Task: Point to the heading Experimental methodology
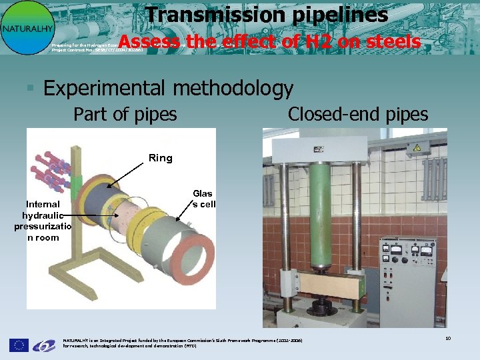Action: (168, 88)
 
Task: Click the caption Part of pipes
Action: (125, 115)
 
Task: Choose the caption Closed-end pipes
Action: (357, 115)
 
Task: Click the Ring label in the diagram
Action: (160, 158)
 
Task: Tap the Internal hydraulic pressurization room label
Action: (43, 221)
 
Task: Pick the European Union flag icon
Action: (19, 345)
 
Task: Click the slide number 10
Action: (448, 339)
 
